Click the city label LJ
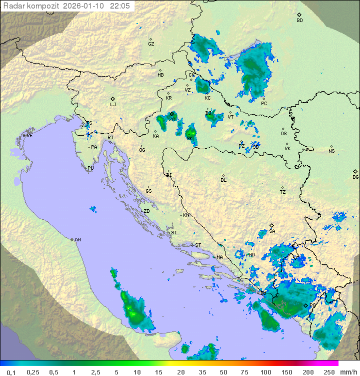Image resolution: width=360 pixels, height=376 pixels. point(113,105)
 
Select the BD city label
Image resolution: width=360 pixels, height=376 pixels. point(299,21)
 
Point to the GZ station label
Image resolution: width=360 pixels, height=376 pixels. point(151,44)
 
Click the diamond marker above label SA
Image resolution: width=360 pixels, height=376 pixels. point(272,225)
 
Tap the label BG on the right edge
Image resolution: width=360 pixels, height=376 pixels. point(355,177)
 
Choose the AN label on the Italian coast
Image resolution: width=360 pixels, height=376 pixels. point(77,240)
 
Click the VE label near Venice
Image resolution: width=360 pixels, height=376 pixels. point(29,136)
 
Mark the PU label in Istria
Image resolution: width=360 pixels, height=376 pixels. point(90,168)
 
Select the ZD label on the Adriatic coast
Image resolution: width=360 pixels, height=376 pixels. point(146,211)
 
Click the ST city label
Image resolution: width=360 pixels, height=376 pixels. point(198,245)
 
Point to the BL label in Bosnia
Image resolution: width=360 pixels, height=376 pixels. point(223,180)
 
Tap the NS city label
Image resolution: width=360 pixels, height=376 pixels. point(331,151)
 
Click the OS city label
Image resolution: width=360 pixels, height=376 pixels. point(283,134)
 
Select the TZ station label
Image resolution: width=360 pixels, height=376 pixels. point(282,192)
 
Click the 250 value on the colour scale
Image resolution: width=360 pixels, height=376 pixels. point(328,372)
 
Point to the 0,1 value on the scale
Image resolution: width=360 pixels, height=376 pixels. point(11,372)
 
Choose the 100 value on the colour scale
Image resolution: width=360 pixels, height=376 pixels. point(265,372)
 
